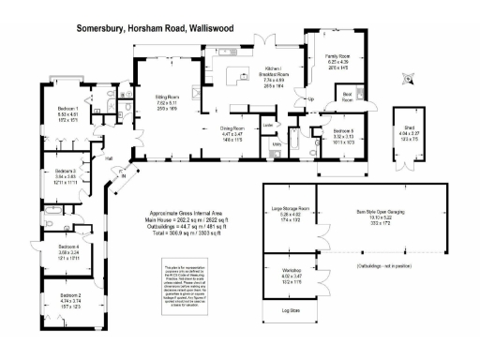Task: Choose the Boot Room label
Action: tap(347, 95)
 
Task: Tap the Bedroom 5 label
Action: tap(341, 130)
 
